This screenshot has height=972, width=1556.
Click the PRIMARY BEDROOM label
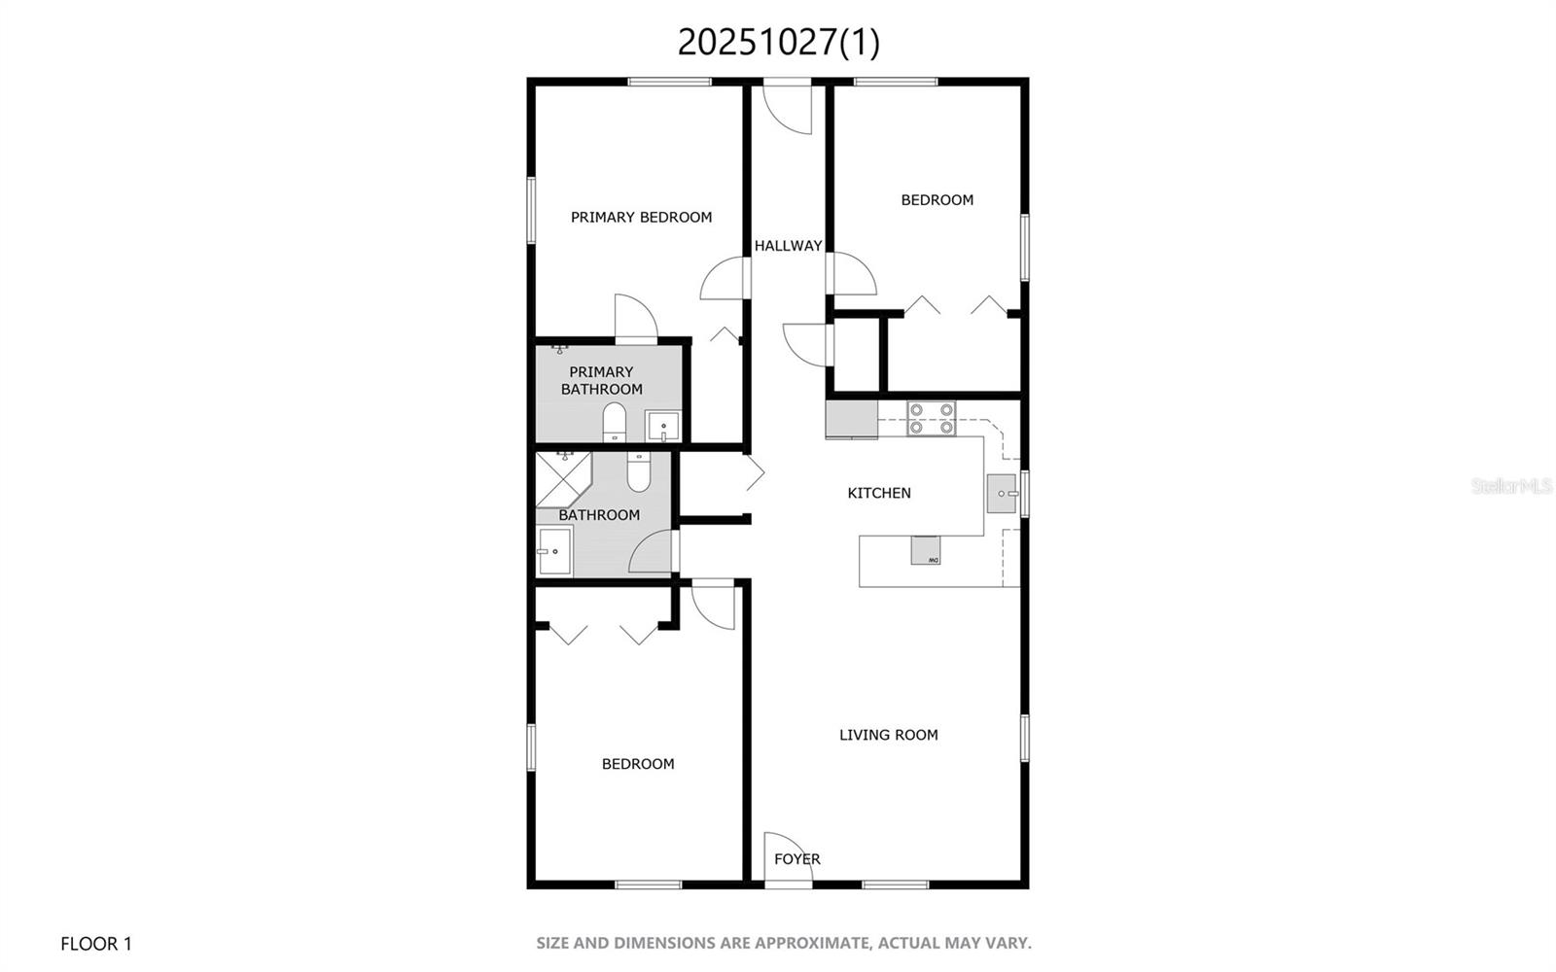coord(641,218)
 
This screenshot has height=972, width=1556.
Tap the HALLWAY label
coord(788,246)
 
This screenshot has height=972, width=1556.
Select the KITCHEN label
coord(879,493)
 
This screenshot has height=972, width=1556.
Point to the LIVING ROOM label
coord(888,735)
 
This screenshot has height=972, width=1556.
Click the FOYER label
coord(796,859)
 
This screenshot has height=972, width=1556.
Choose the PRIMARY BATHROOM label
coord(601,380)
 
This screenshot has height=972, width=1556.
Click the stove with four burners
coord(931,418)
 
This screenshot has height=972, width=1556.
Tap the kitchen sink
coord(1003,494)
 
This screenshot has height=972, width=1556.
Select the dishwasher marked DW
coord(927,550)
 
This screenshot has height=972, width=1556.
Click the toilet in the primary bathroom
coord(614,422)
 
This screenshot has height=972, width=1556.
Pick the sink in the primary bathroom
coord(662,426)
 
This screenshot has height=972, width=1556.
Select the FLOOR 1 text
coord(95,944)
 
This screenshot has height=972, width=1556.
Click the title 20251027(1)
coord(778,42)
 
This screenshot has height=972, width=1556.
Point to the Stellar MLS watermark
coord(1511,485)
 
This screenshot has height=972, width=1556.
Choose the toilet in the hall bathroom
coord(639,472)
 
